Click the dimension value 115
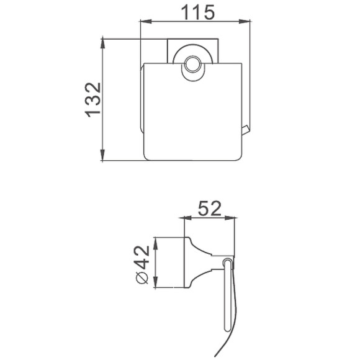197,12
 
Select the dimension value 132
92,100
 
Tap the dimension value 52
209,208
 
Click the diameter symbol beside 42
142,278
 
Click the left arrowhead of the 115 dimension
146,21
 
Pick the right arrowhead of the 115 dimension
245,21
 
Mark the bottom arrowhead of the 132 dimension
102,155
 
